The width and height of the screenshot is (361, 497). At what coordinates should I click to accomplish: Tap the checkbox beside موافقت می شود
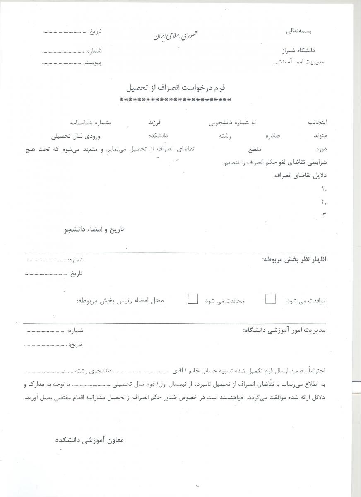[x=270, y=299]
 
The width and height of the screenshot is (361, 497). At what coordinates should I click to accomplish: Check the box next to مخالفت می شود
[x=193, y=299]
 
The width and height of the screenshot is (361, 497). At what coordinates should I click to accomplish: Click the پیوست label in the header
[x=92, y=63]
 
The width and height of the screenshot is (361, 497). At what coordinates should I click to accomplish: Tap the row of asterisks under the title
[x=175, y=100]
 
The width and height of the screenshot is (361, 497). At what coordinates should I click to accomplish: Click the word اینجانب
[x=316, y=123]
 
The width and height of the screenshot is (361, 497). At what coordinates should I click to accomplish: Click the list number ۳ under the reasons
[x=324, y=215]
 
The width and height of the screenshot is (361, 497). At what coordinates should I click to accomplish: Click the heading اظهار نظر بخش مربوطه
[x=294, y=260]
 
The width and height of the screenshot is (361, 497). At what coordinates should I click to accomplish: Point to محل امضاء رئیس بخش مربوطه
[x=120, y=300]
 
